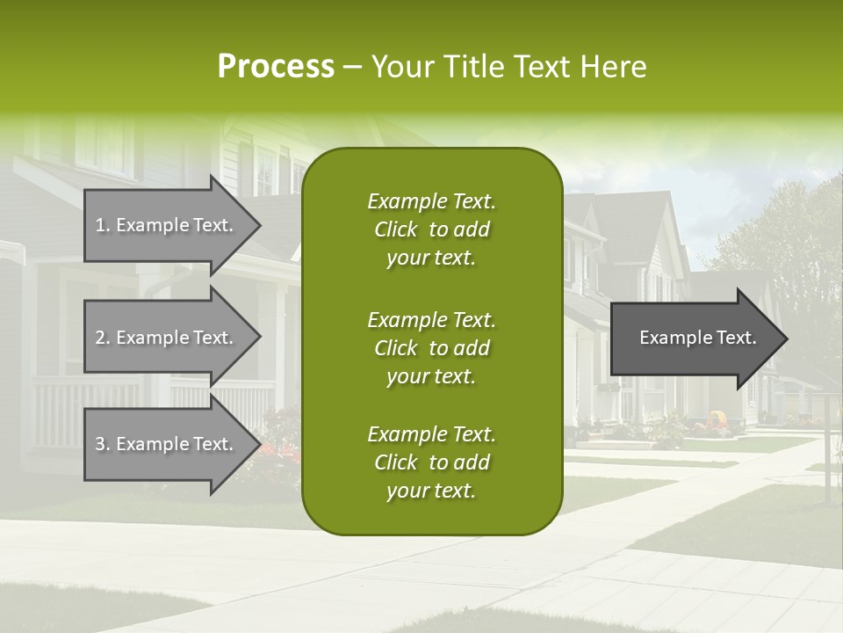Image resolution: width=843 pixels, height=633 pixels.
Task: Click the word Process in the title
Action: point(276,67)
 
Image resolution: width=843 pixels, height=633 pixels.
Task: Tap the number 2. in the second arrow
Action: point(102,338)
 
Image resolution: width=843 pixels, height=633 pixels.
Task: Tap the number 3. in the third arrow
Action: point(102,444)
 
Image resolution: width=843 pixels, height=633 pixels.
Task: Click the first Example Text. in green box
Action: point(431,201)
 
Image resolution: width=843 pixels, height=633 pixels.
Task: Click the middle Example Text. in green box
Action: point(431,319)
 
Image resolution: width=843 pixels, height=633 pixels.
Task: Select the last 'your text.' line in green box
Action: point(431,491)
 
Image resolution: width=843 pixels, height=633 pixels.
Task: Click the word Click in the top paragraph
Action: point(395,229)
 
